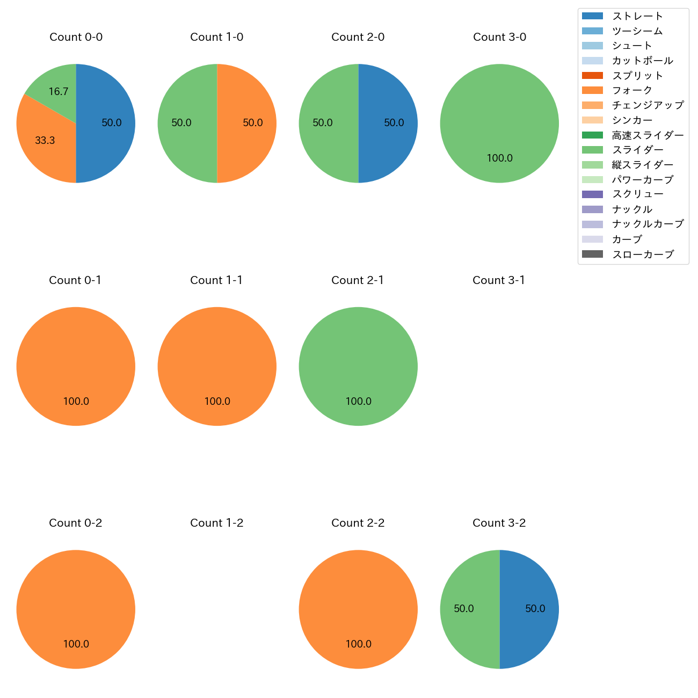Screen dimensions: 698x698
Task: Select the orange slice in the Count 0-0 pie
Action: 46,142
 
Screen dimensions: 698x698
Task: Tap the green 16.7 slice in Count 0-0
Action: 56,89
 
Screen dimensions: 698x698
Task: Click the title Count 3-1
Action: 499,280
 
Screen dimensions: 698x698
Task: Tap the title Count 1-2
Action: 217,523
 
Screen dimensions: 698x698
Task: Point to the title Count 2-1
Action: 358,280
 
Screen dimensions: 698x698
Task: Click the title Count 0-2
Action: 76,523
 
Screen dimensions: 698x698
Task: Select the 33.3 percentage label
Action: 45,141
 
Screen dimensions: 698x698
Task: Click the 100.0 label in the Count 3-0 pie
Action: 500,158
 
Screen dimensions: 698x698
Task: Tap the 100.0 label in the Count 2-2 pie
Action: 359,644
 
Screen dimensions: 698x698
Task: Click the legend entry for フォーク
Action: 632,90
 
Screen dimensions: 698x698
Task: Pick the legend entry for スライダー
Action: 637,150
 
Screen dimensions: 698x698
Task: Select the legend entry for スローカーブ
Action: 643,255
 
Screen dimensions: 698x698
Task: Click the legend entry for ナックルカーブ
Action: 648,224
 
